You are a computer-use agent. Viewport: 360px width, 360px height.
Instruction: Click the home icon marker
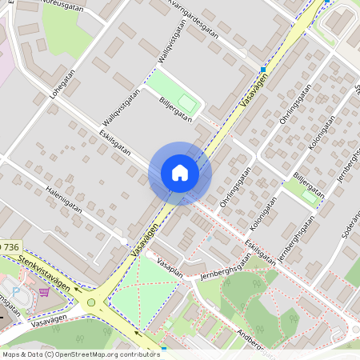click(180, 173)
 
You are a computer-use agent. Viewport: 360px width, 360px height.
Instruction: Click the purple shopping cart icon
click(43, 292)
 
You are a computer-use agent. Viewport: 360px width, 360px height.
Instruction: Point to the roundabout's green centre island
click(91, 302)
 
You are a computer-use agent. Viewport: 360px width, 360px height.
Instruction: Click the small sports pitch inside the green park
click(187, 102)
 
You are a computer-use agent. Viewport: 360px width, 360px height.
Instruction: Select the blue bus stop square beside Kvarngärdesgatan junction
click(263, 70)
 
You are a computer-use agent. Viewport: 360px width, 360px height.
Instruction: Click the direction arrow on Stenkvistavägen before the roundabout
click(71, 293)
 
